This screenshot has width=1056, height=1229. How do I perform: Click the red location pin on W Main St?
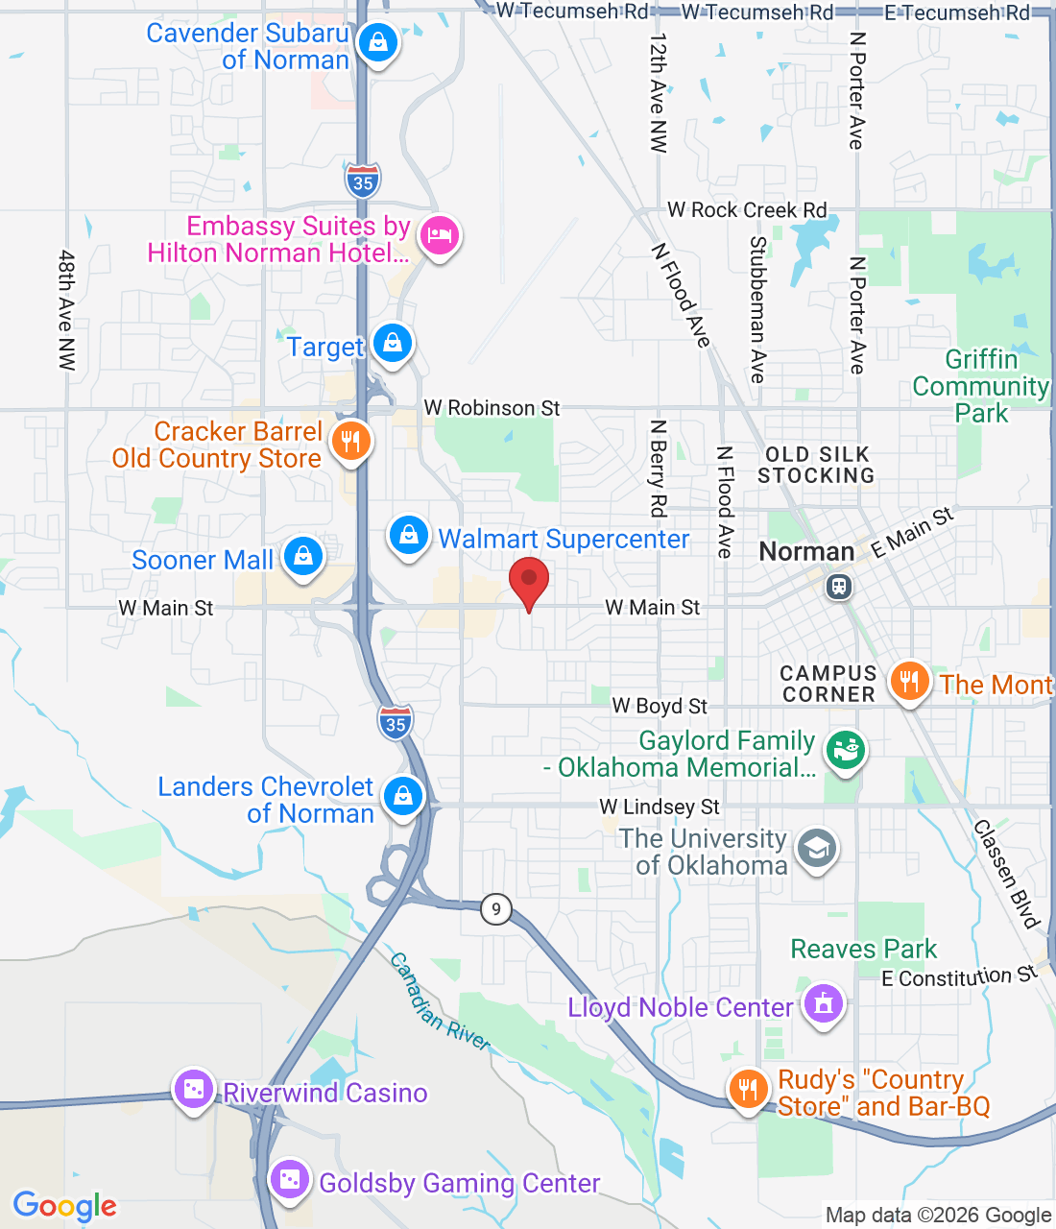pos(528,582)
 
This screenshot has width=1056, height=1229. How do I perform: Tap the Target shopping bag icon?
pos(392,343)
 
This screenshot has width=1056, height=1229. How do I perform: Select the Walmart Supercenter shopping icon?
pos(409,535)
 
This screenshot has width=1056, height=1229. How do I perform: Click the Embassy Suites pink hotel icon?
pos(439,234)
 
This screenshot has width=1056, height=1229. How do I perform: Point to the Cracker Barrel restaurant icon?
pos(350,442)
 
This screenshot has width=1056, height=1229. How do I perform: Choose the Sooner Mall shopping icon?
pos(303,557)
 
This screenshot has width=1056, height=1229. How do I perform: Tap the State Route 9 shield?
pos(495,908)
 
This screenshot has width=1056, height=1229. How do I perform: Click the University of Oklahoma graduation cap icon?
pos(817,849)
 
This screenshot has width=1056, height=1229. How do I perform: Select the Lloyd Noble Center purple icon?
pos(823,1004)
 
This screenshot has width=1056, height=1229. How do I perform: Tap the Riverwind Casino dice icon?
pos(194,1089)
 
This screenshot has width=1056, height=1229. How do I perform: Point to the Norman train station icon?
pos(839,586)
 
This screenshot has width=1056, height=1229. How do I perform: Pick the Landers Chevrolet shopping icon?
pos(403,797)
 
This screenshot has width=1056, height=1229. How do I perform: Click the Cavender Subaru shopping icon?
pos(378,42)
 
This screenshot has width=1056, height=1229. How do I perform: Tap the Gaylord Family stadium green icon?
pos(845,750)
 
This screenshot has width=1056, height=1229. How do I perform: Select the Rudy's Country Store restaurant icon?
pos(748,1090)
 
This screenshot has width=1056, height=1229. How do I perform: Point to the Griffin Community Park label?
pos(980,386)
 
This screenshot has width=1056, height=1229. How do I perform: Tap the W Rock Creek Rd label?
pos(747,210)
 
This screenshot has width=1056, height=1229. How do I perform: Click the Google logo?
pos(65,1206)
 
